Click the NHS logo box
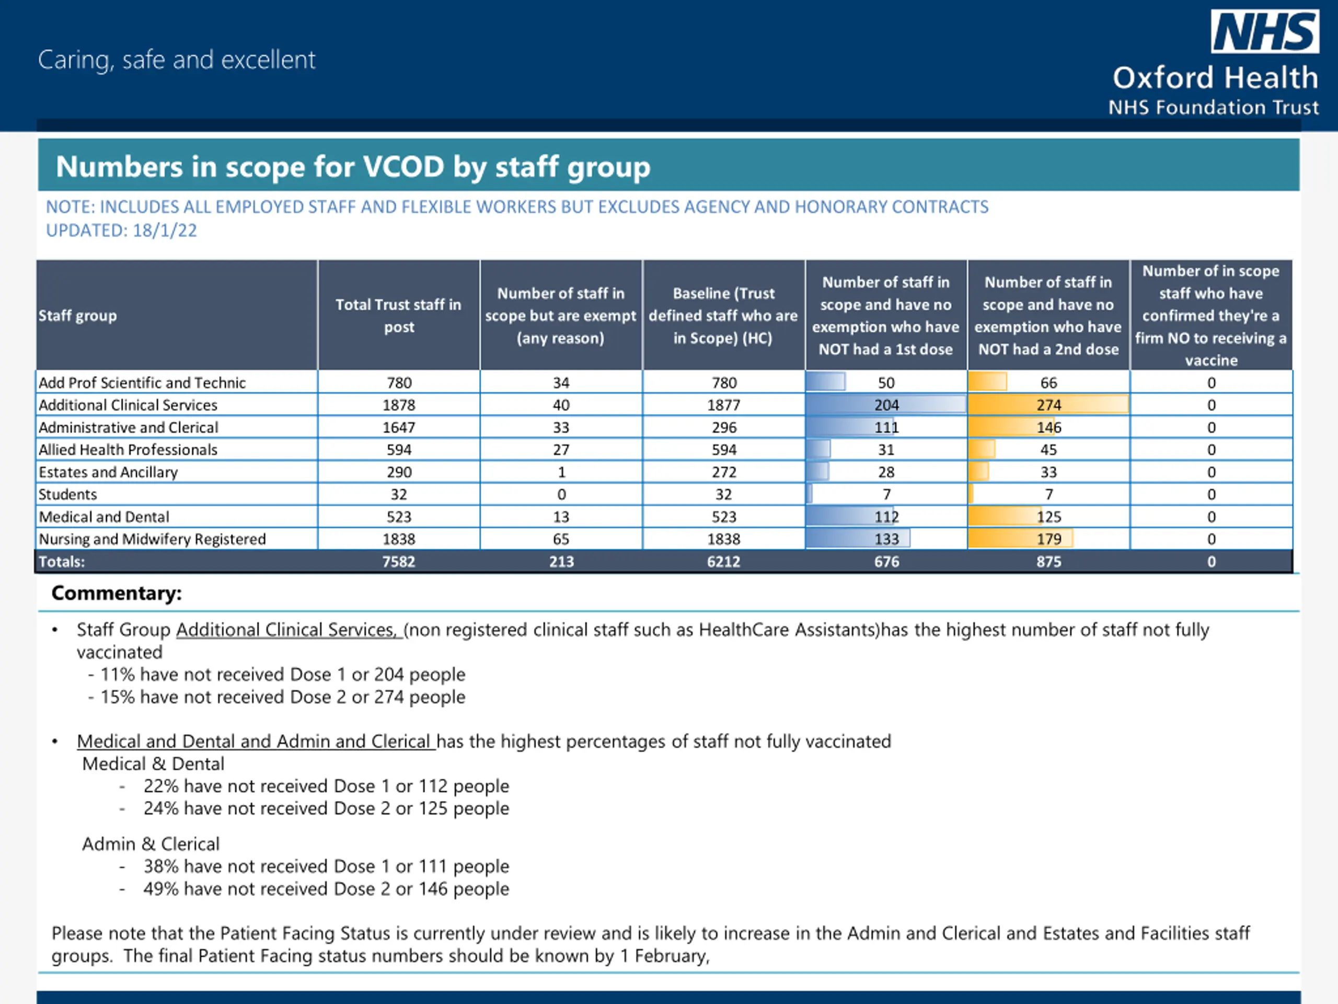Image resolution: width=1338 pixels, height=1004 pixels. pos(1264,31)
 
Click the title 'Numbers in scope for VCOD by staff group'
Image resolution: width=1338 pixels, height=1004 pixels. pos(353,166)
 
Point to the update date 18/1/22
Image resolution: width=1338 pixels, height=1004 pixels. pos(165,231)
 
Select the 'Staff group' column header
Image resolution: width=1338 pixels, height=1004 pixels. pos(77,315)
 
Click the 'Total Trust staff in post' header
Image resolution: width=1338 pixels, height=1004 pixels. pos(399,315)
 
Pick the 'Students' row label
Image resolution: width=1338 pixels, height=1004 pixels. pos(67,495)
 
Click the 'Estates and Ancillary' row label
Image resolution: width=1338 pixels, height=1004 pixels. pos(108,472)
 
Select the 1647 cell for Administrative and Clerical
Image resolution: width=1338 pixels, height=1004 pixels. pos(399,427)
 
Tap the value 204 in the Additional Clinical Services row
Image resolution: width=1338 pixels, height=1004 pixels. pos(886,405)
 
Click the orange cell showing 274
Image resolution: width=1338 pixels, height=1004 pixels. pos(1049,405)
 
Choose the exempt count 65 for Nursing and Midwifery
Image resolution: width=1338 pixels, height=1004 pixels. pos(561,539)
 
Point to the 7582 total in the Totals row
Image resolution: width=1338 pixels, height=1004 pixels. pos(399,562)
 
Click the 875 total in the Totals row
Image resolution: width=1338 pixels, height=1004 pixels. pos(1049,562)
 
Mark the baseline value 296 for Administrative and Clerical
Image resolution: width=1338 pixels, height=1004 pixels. pos(723,427)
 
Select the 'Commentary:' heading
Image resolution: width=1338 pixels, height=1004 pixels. pos(116,593)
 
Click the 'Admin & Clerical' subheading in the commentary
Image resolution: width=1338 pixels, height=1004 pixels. pos(151,844)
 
